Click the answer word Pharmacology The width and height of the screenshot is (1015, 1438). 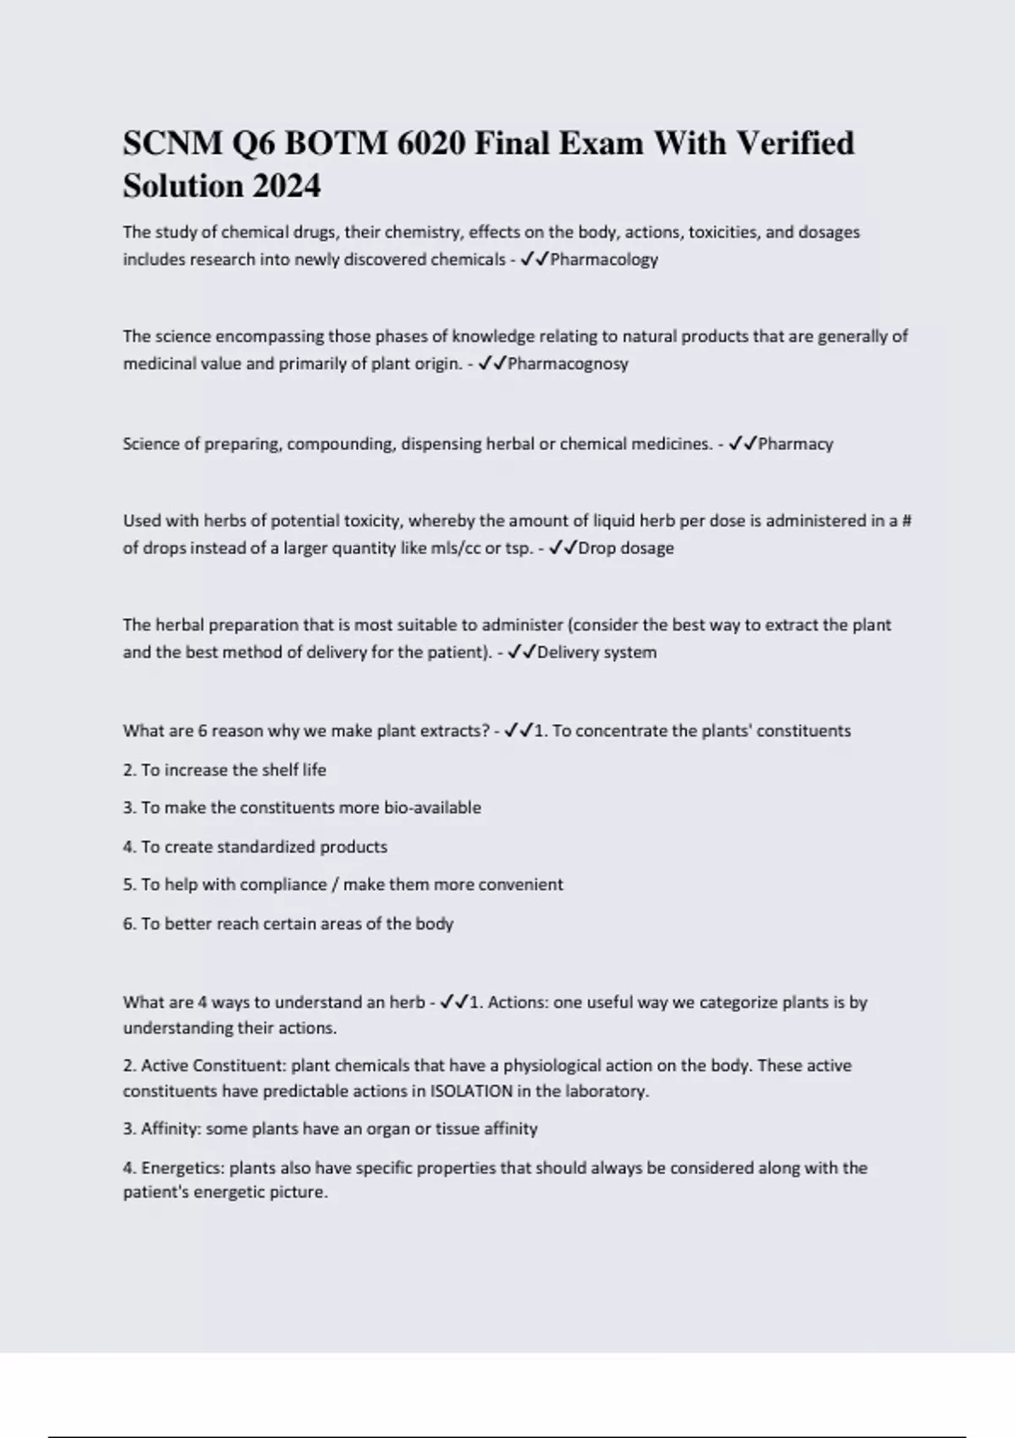click(x=604, y=260)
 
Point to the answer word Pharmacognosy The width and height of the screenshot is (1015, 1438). click(x=568, y=364)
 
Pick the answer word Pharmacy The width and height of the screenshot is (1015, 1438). click(x=795, y=444)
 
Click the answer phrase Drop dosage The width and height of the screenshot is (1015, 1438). click(x=626, y=548)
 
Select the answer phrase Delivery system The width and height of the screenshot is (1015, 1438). click(x=596, y=652)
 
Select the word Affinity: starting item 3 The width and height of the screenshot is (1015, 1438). click(x=171, y=1129)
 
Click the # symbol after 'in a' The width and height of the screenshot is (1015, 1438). click(x=907, y=521)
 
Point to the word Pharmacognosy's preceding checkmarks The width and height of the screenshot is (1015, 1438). click(x=491, y=364)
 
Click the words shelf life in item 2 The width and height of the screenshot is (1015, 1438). click(x=294, y=771)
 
